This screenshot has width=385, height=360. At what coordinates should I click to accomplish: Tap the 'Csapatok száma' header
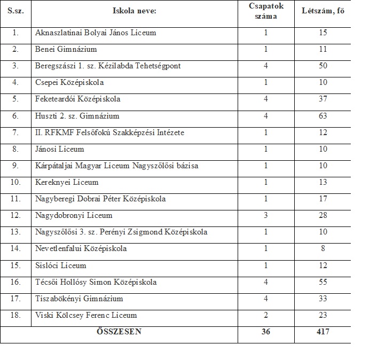tap(265, 11)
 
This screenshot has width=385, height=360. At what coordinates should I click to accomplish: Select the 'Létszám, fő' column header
tap(322, 11)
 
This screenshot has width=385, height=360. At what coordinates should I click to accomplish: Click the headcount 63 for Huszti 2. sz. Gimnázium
tap(322, 116)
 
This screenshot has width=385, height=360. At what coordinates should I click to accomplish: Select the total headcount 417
tap(322, 332)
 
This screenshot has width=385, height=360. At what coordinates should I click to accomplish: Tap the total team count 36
tap(265, 332)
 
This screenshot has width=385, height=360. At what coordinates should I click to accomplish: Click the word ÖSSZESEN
tap(119, 332)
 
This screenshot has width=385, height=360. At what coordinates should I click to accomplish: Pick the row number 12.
tap(15, 216)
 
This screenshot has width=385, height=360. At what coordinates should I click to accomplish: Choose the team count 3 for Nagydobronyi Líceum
tap(265, 216)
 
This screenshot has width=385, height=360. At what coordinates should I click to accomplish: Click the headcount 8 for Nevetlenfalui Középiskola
tap(322, 249)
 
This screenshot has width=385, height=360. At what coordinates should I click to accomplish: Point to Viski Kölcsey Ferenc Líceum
tap(86, 315)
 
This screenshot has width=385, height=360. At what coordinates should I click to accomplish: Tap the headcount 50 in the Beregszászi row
tap(322, 66)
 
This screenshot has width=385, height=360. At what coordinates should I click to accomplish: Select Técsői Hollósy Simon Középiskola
tap(96, 282)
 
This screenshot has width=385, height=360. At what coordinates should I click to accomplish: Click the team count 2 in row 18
tap(265, 315)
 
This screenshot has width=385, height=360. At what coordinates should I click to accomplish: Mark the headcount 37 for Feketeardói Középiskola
tap(322, 99)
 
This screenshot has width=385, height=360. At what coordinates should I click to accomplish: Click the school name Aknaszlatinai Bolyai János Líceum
tap(96, 33)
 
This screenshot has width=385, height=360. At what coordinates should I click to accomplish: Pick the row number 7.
tap(15, 132)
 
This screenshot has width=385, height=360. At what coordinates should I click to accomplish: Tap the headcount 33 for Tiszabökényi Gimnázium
tap(322, 299)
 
